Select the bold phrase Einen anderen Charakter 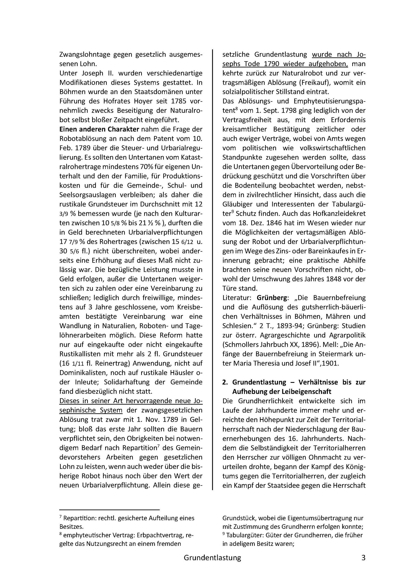pyautogui.click(x=99, y=129)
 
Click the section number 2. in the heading pyautogui.click(x=225, y=382)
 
